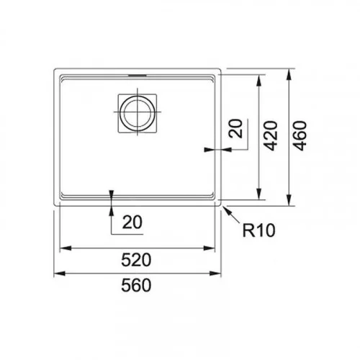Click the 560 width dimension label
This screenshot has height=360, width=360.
136,285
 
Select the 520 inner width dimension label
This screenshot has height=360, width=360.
136,260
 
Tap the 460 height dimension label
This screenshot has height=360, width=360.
300,135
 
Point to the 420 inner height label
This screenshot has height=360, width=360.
271,135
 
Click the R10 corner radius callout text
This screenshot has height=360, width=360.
258,230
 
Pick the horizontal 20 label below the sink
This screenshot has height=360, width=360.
132,222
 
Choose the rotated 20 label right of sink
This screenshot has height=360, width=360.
235,129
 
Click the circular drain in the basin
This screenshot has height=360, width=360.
137,113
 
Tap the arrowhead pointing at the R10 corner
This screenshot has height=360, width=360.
228,210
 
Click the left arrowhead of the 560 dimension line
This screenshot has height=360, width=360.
60,273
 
